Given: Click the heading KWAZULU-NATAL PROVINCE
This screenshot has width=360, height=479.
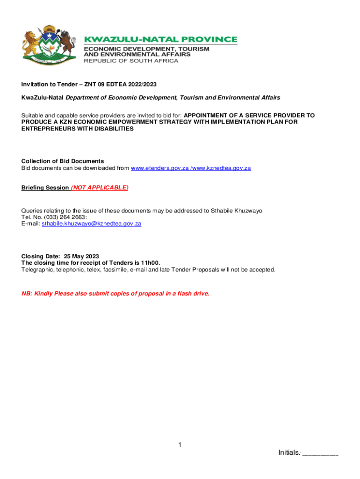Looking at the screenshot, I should point(160,40).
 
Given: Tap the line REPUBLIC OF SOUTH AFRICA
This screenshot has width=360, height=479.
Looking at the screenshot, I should point(131,61).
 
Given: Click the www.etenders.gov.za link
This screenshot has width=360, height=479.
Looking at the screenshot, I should point(159,168).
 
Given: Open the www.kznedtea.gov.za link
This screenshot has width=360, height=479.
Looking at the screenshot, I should point(221,168).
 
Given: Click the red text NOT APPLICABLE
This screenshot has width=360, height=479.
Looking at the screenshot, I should point(100,188).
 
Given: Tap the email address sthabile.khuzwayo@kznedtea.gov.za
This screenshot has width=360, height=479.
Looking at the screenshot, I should point(91,224).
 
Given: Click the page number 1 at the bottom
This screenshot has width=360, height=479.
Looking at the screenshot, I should point(180,445).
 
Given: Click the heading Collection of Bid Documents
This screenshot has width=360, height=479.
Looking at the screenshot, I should point(63,161).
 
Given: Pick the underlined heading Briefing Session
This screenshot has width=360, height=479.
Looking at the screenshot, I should point(45,188).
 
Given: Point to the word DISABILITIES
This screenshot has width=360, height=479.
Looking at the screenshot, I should point(112,128).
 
